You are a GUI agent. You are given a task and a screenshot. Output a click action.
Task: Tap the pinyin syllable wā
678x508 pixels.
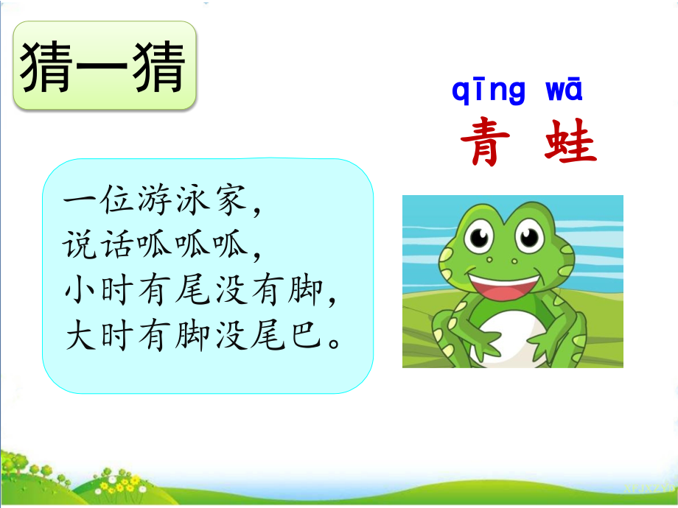564,91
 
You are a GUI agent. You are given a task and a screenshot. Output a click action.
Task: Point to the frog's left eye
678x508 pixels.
480,236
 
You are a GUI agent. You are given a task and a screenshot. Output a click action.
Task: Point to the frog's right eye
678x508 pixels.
530,236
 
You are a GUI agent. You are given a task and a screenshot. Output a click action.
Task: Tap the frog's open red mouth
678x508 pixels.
508,283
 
